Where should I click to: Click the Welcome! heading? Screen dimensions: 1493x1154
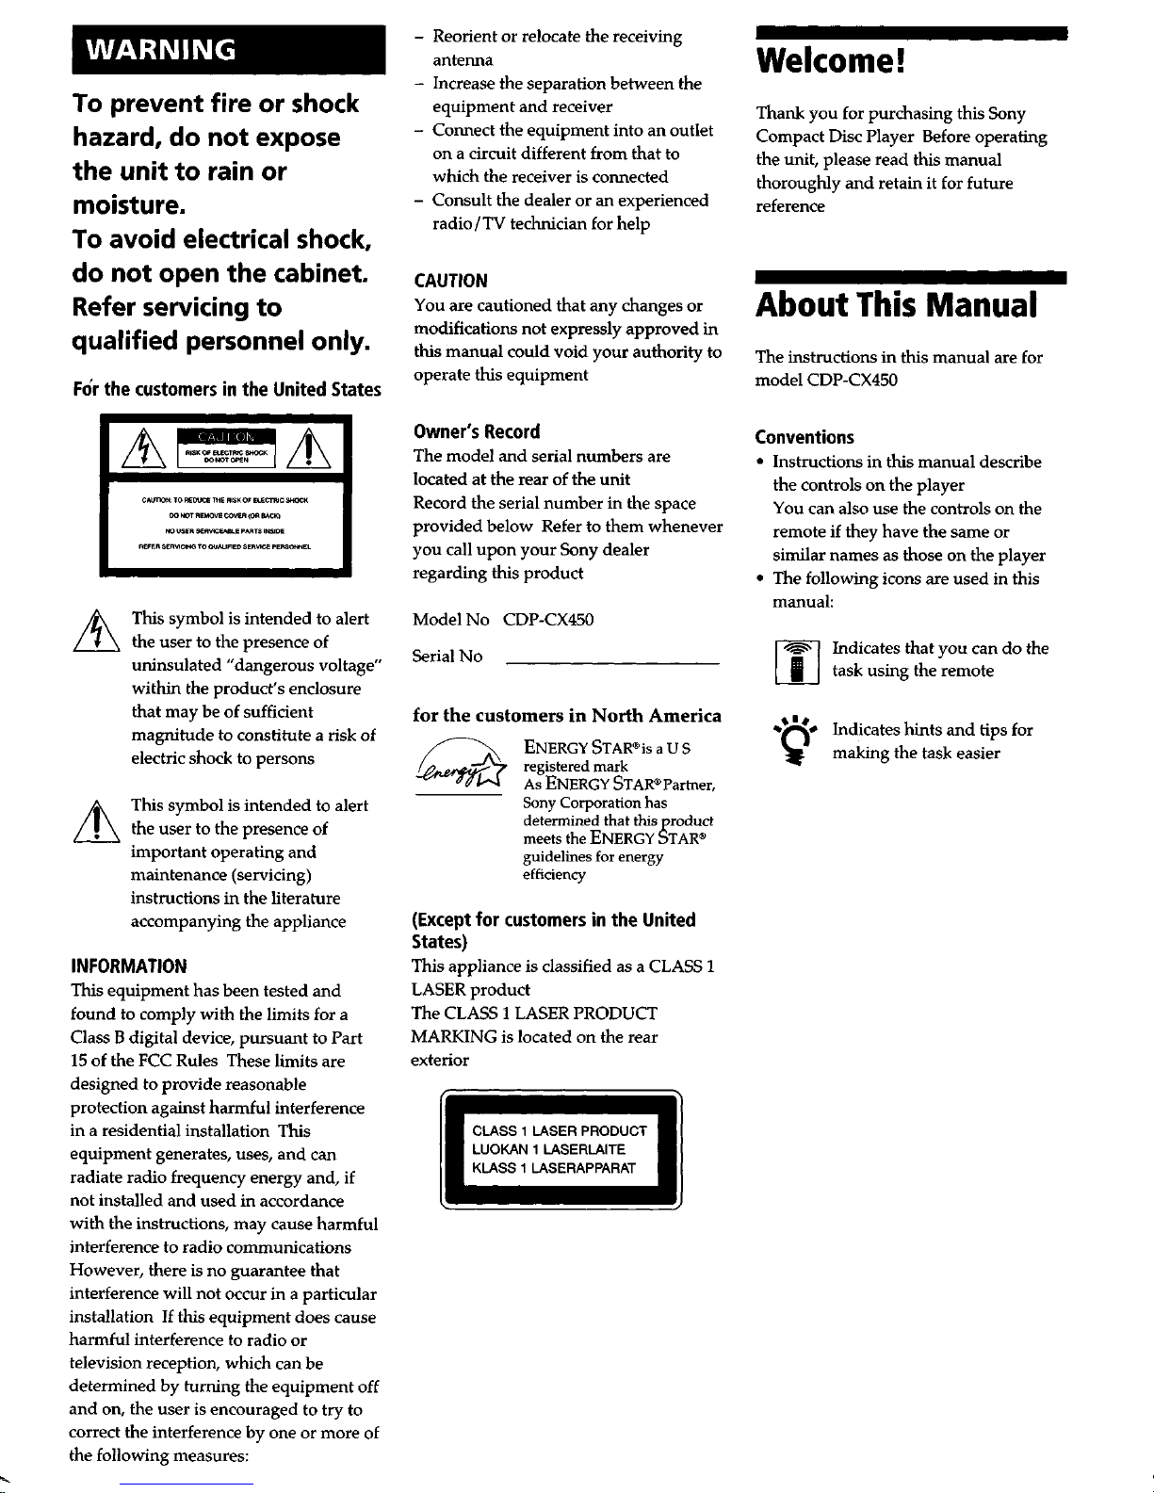(830, 62)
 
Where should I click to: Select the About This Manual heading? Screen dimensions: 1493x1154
(896, 305)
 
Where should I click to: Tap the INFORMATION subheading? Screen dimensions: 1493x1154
(129, 966)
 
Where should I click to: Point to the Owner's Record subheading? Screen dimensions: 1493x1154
(476, 432)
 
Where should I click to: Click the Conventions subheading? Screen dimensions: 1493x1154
(805, 437)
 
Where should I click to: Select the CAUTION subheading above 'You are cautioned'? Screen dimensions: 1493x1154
(450, 281)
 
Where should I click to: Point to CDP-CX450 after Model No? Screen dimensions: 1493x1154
(548, 620)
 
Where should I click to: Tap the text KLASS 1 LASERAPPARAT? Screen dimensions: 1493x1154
(554, 1169)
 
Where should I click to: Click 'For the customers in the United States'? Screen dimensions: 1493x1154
(227, 390)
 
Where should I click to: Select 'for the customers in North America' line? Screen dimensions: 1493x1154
(567, 716)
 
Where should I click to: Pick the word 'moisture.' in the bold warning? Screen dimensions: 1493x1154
(128, 205)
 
